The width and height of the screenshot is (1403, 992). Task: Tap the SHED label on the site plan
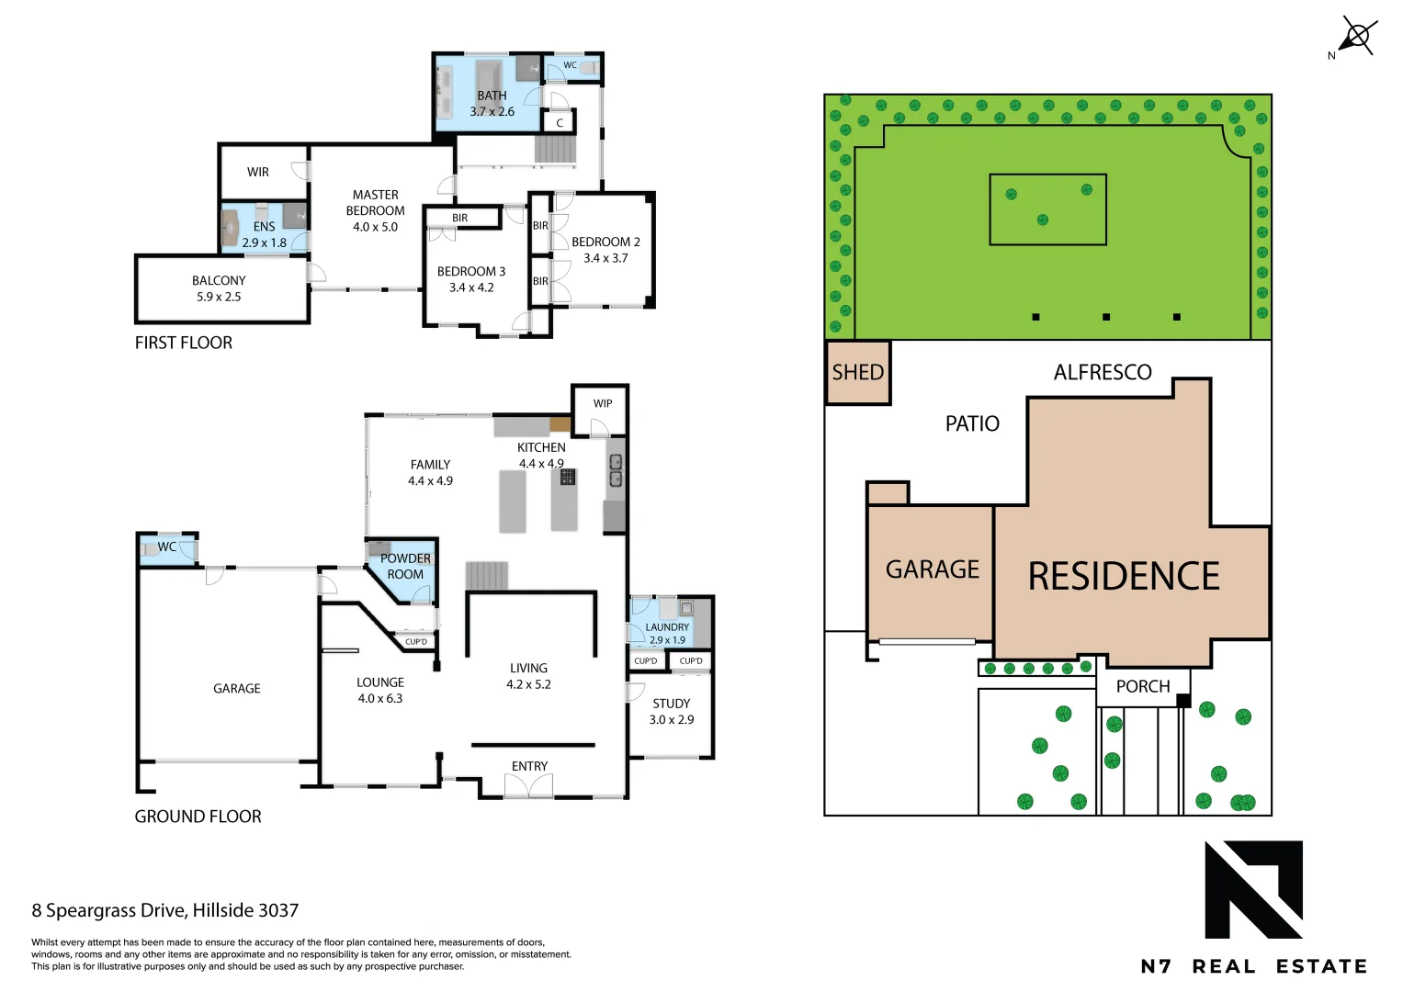pos(857,372)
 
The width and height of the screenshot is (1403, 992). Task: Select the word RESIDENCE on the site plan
pos(1123,577)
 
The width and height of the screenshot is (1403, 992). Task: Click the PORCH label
pos(1142,686)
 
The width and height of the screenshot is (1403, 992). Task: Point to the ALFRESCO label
pos(1102,372)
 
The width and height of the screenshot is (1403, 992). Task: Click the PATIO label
pos(972,423)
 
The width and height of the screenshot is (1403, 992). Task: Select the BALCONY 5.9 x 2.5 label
pos(219,288)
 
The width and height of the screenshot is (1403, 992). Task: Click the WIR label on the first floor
pos(258,172)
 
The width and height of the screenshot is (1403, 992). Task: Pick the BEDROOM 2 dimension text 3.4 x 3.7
pos(605,258)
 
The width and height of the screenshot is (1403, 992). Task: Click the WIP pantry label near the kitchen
pos(603,403)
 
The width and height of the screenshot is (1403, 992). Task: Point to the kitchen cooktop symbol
pos(568,477)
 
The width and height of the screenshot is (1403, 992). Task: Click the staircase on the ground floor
pos(486,576)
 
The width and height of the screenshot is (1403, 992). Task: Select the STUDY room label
pos(671,704)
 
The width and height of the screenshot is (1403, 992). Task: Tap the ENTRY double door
pos(528,785)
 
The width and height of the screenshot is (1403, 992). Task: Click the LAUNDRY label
pos(667,627)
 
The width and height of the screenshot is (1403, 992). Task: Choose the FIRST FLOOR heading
pos(184,343)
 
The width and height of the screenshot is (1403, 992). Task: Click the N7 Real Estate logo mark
pos(1253,889)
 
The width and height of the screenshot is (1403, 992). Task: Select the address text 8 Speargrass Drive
pos(165,910)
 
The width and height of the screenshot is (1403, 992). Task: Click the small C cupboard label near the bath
pos(560,122)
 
